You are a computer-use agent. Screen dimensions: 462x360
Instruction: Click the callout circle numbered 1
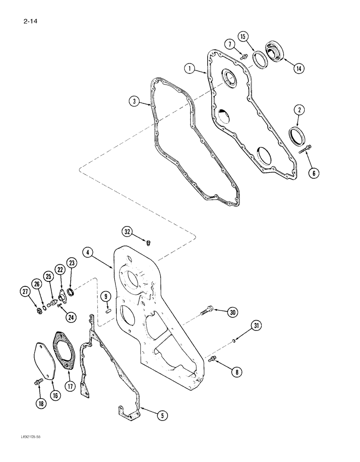(x=189, y=69)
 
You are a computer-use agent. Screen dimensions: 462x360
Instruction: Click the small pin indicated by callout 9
(x=107, y=310)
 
